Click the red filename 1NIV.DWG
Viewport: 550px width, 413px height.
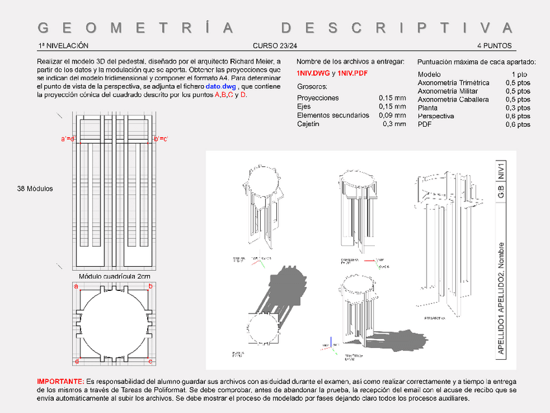click(313, 73)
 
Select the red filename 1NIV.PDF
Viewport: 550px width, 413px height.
click(352, 73)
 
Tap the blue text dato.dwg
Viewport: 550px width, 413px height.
click(221, 86)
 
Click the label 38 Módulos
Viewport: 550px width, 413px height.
click(35, 189)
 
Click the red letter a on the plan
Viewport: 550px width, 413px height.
click(76, 286)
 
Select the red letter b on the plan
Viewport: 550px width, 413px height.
click(150, 286)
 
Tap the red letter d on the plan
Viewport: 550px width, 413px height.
click(76, 361)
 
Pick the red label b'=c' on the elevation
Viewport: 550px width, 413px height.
click(160, 139)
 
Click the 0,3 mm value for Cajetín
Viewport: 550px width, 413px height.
click(394, 123)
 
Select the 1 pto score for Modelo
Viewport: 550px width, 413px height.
click(519, 75)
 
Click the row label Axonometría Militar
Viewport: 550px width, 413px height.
click(449, 91)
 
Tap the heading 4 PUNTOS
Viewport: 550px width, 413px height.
click(494, 46)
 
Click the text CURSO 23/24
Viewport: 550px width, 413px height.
click(275, 46)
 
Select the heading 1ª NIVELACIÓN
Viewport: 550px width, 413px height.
click(63, 46)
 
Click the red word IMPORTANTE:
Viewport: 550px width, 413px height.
click(60, 381)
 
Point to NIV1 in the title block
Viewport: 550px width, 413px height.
click(501, 171)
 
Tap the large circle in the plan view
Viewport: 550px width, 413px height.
click(114, 323)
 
